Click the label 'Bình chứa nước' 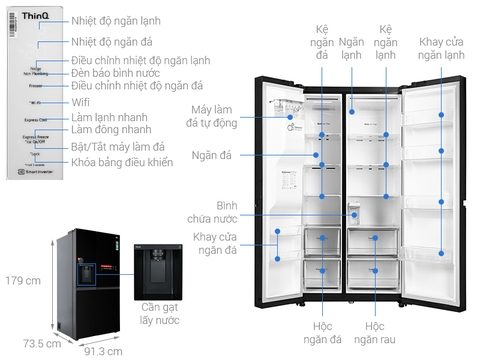click(x=210, y=213)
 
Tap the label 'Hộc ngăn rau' click(x=374, y=333)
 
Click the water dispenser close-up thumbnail click(x=159, y=268)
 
